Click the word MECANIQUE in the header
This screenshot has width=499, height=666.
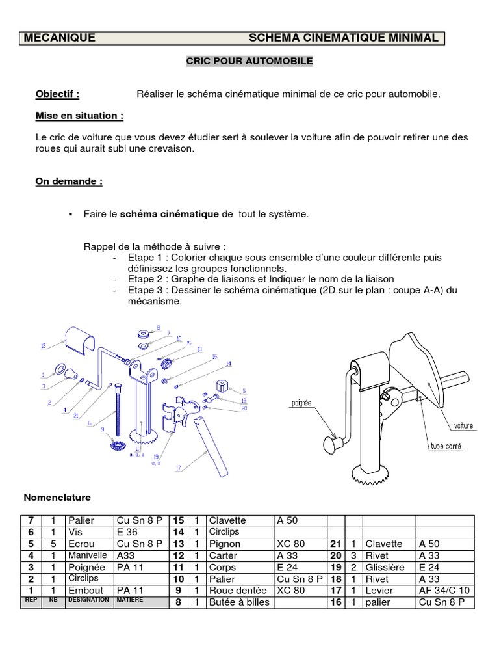(x=59, y=38)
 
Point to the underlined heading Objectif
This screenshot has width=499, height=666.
(x=57, y=94)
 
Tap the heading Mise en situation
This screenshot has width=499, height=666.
(x=79, y=116)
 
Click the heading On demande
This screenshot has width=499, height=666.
(x=68, y=181)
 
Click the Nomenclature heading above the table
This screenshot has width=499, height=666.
(x=57, y=498)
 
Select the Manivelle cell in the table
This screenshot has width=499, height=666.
(x=89, y=555)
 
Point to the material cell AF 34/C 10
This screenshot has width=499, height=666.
(x=445, y=591)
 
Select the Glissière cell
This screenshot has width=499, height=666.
(x=387, y=567)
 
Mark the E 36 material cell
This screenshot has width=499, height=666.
(x=127, y=532)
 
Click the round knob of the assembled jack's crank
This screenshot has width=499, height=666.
(x=333, y=445)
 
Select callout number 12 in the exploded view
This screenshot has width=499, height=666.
(x=43, y=345)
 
